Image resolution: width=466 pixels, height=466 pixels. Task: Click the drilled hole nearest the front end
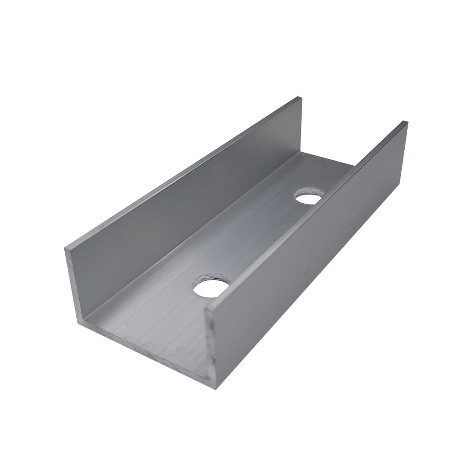pyautogui.click(x=211, y=288)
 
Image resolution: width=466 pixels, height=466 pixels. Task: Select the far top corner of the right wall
pyautogui.click(x=406, y=123)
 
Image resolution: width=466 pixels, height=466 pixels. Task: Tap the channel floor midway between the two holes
pyautogui.click(x=259, y=242)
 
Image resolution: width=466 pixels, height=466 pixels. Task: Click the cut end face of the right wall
pyautogui.click(x=211, y=345)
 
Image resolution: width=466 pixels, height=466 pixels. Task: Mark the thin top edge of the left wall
pyautogui.click(x=181, y=173)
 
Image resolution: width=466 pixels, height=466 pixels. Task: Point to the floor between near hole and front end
pyautogui.click(x=164, y=319)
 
